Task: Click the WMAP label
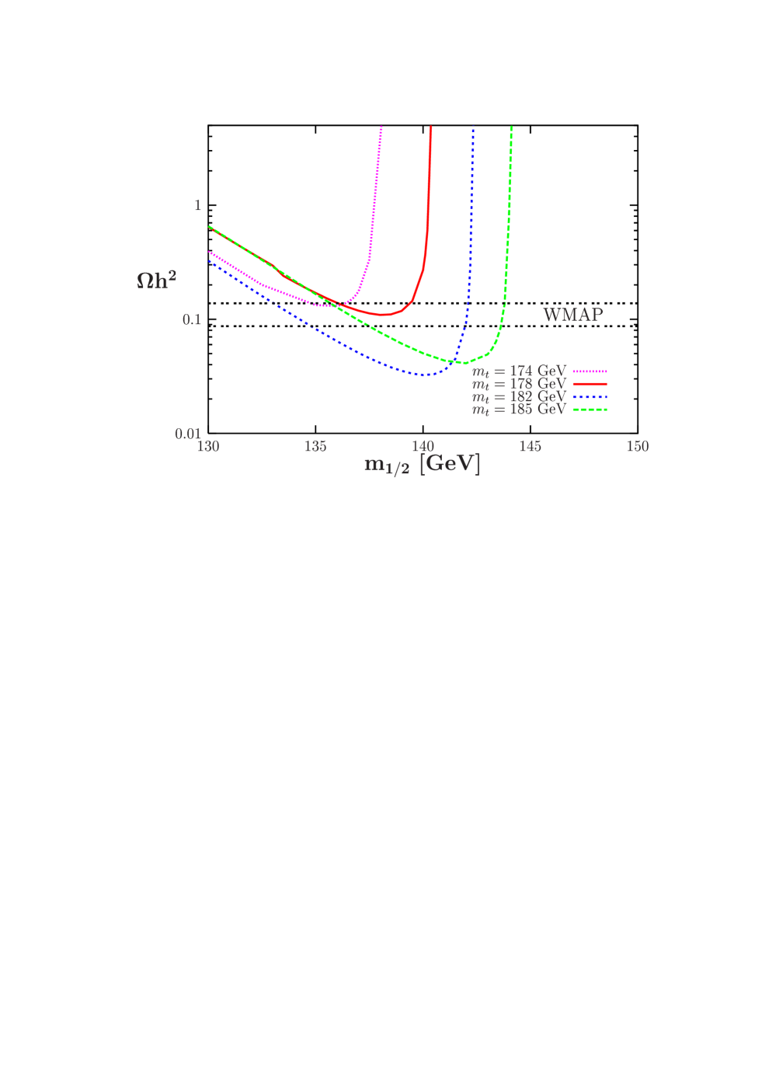[572, 315]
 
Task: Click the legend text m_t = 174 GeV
[519, 371]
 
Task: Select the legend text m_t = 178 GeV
[519, 384]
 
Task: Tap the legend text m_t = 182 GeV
[519, 396]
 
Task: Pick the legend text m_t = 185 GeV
[519, 409]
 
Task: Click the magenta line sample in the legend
[590, 371]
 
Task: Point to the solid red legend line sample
[590, 384]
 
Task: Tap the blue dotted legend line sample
[590, 396]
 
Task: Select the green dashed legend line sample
[590, 409]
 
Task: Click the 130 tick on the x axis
[208, 446]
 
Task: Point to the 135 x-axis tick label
[315, 446]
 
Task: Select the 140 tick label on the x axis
[423, 446]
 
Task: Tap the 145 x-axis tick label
[530, 446]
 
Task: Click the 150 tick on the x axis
[637, 446]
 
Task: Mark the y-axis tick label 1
[197, 206]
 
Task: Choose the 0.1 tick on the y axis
[192, 319]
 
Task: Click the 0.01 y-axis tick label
[188, 434]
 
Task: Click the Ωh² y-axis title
[156, 280]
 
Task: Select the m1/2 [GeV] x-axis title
[422, 465]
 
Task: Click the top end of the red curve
[430, 127]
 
